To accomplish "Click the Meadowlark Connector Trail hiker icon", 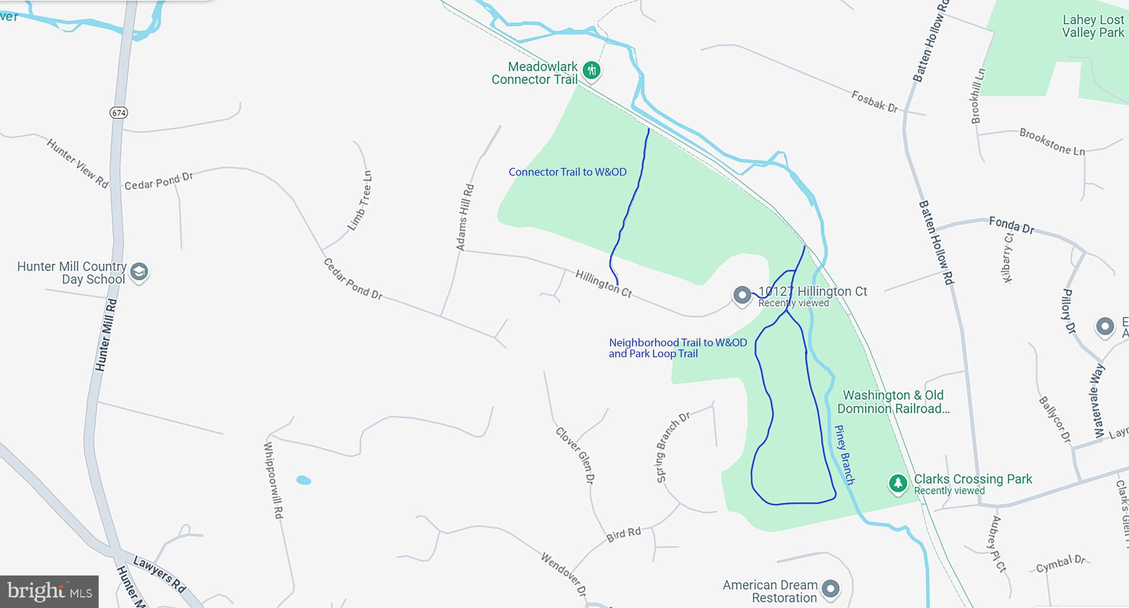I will coord(592,70).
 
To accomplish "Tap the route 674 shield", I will coord(119,113).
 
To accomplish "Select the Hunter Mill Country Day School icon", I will coord(139,271).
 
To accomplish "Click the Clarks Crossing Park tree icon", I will coord(898,483).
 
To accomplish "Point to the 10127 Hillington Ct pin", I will coord(742,295).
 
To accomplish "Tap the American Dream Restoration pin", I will coord(830,589).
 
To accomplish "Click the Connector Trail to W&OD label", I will coord(567,172).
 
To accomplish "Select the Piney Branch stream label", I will coord(845,454).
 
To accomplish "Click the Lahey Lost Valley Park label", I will coord(1093,26).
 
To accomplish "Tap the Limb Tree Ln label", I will coord(361,201).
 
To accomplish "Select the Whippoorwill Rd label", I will coord(273,480).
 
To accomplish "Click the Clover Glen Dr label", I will coord(575,455).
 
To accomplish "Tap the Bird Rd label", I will coord(623,534).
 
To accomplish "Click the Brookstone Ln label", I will coord(1052,142).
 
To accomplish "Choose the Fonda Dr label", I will coord(1011,225).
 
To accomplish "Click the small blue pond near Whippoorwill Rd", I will coord(304,481).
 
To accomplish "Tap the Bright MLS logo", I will coord(50,591).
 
